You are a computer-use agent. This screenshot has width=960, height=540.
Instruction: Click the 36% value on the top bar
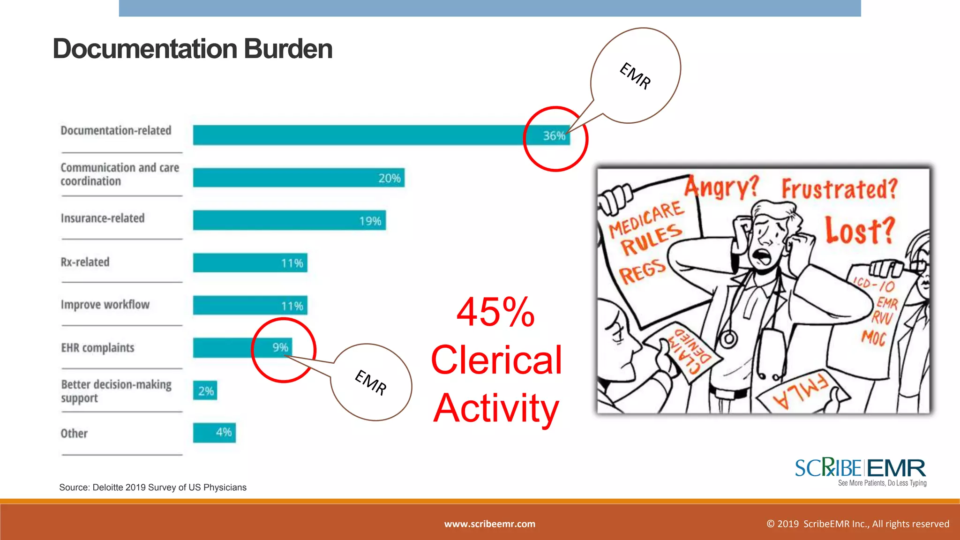click(554, 136)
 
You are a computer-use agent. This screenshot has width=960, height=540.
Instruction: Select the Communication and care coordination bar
click(298, 178)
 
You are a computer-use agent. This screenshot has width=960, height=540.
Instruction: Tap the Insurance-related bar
click(289, 220)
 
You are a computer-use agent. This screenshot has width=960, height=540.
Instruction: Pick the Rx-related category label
click(85, 262)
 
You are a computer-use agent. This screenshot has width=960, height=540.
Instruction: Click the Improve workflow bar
click(250, 306)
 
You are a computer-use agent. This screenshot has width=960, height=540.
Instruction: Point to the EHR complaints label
click(97, 348)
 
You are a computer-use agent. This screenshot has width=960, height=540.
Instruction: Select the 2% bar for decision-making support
click(205, 390)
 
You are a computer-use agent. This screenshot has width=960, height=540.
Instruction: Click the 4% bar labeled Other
click(214, 433)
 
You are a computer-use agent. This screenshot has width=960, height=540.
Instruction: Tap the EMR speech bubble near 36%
click(635, 75)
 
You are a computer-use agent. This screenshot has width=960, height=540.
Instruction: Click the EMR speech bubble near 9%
click(371, 382)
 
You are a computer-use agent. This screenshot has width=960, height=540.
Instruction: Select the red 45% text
click(495, 312)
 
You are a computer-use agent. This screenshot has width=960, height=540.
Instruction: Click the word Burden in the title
click(288, 49)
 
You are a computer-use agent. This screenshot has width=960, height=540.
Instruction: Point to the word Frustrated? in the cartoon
click(839, 189)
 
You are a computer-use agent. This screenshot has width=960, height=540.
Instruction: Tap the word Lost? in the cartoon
click(860, 230)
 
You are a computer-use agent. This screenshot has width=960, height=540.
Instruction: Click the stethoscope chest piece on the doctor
click(728, 338)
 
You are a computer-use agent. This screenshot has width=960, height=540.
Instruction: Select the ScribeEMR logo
click(860, 472)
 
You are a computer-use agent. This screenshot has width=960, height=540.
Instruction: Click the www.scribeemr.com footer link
click(489, 524)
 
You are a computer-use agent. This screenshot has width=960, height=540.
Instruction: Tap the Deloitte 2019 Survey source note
click(153, 487)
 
